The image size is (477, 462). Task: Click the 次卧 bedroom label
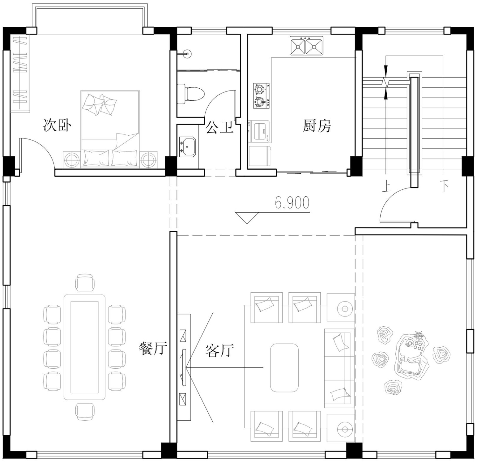57,125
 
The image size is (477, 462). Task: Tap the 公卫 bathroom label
219,127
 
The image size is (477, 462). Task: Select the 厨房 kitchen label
317,126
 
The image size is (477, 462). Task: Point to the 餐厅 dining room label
153,349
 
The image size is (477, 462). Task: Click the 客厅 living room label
220,350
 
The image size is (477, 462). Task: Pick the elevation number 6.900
292,203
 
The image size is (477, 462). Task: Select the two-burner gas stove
261,96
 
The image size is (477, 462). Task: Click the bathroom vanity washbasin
187,147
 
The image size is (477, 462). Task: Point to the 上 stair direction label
386,187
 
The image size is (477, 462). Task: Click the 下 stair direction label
444,186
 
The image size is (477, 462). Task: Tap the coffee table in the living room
284,368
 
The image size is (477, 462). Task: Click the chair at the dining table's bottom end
85,412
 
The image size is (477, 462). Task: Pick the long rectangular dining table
85,347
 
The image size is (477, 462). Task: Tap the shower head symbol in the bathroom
187,54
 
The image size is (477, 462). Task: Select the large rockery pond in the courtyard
411,355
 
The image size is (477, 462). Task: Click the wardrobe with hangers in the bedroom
20,73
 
